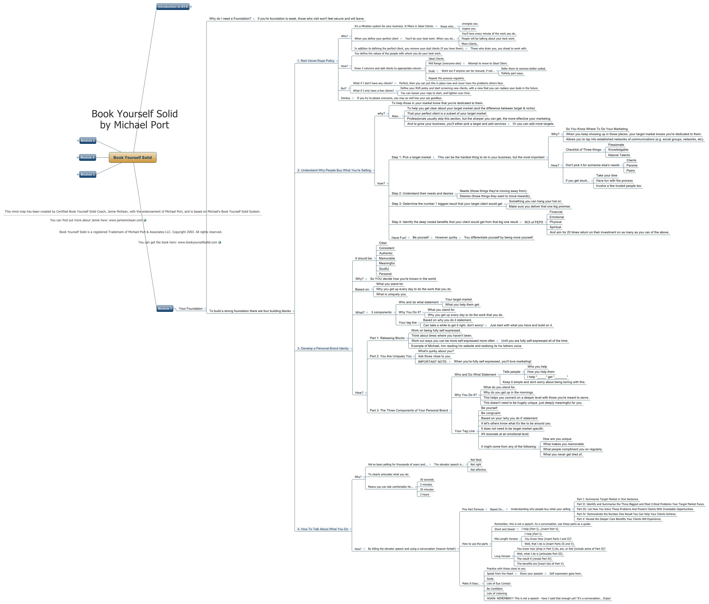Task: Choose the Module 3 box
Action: point(88,175)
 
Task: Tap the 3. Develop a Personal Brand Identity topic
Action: point(323,348)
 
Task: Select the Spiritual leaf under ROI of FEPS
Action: point(555,227)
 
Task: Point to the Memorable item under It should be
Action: point(387,258)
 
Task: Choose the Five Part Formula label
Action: point(472,509)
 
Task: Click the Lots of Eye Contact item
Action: point(498,584)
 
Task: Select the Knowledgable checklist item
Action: point(618,150)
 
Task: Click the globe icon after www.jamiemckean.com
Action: point(145,220)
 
